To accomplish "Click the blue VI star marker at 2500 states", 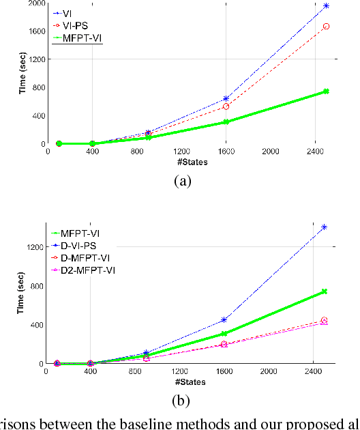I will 326,5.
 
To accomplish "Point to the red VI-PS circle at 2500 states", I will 326,27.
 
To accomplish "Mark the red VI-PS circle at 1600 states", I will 226,106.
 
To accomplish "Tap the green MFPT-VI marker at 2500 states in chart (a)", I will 326,91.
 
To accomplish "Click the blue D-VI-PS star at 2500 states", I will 324,227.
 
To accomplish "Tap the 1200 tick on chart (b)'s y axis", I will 33,246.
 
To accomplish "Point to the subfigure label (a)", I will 181,182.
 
